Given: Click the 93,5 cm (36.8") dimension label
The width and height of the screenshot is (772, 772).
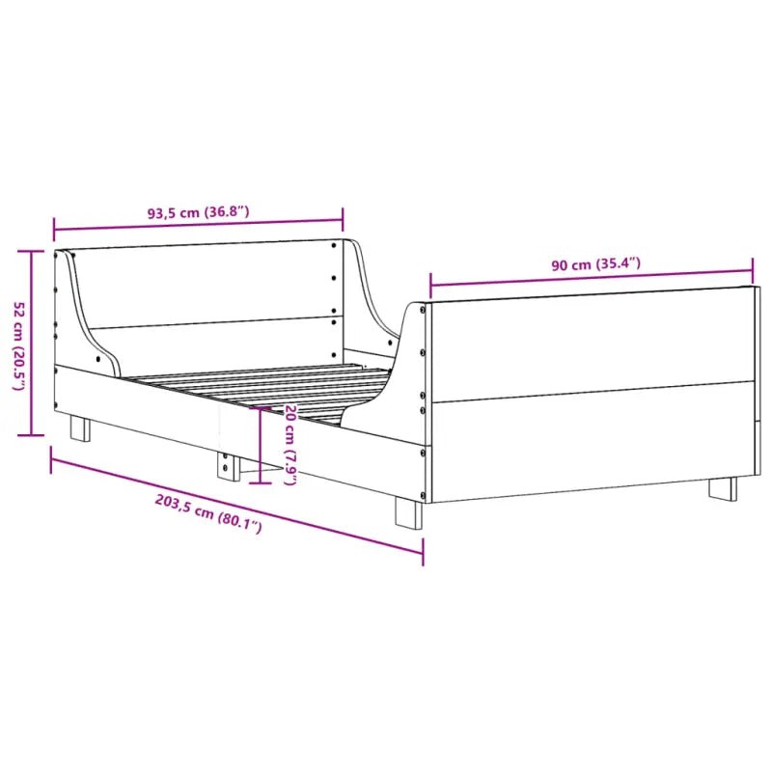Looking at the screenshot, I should [x=199, y=211].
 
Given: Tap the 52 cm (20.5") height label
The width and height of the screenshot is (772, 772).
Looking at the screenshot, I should [x=17, y=345].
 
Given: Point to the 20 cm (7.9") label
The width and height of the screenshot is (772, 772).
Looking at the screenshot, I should [x=289, y=444].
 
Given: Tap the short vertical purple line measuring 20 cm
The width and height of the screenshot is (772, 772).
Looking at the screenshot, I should [x=259, y=444].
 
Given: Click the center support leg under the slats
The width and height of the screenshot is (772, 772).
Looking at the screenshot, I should [x=228, y=465].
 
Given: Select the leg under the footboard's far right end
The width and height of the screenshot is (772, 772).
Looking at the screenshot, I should [x=723, y=487].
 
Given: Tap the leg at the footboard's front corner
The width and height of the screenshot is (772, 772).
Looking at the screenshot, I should [x=408, y=511].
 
